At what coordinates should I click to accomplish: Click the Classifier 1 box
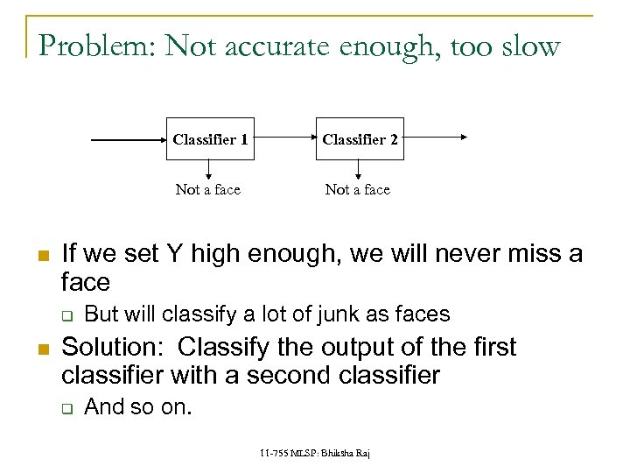point(210,139)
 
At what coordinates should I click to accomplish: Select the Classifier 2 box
point(360,139)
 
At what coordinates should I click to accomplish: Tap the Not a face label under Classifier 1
point(208,189)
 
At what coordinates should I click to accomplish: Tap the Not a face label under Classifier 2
point(358,189)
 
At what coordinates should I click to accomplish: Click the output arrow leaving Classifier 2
point(436,137)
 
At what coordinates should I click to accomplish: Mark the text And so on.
point(137,406)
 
